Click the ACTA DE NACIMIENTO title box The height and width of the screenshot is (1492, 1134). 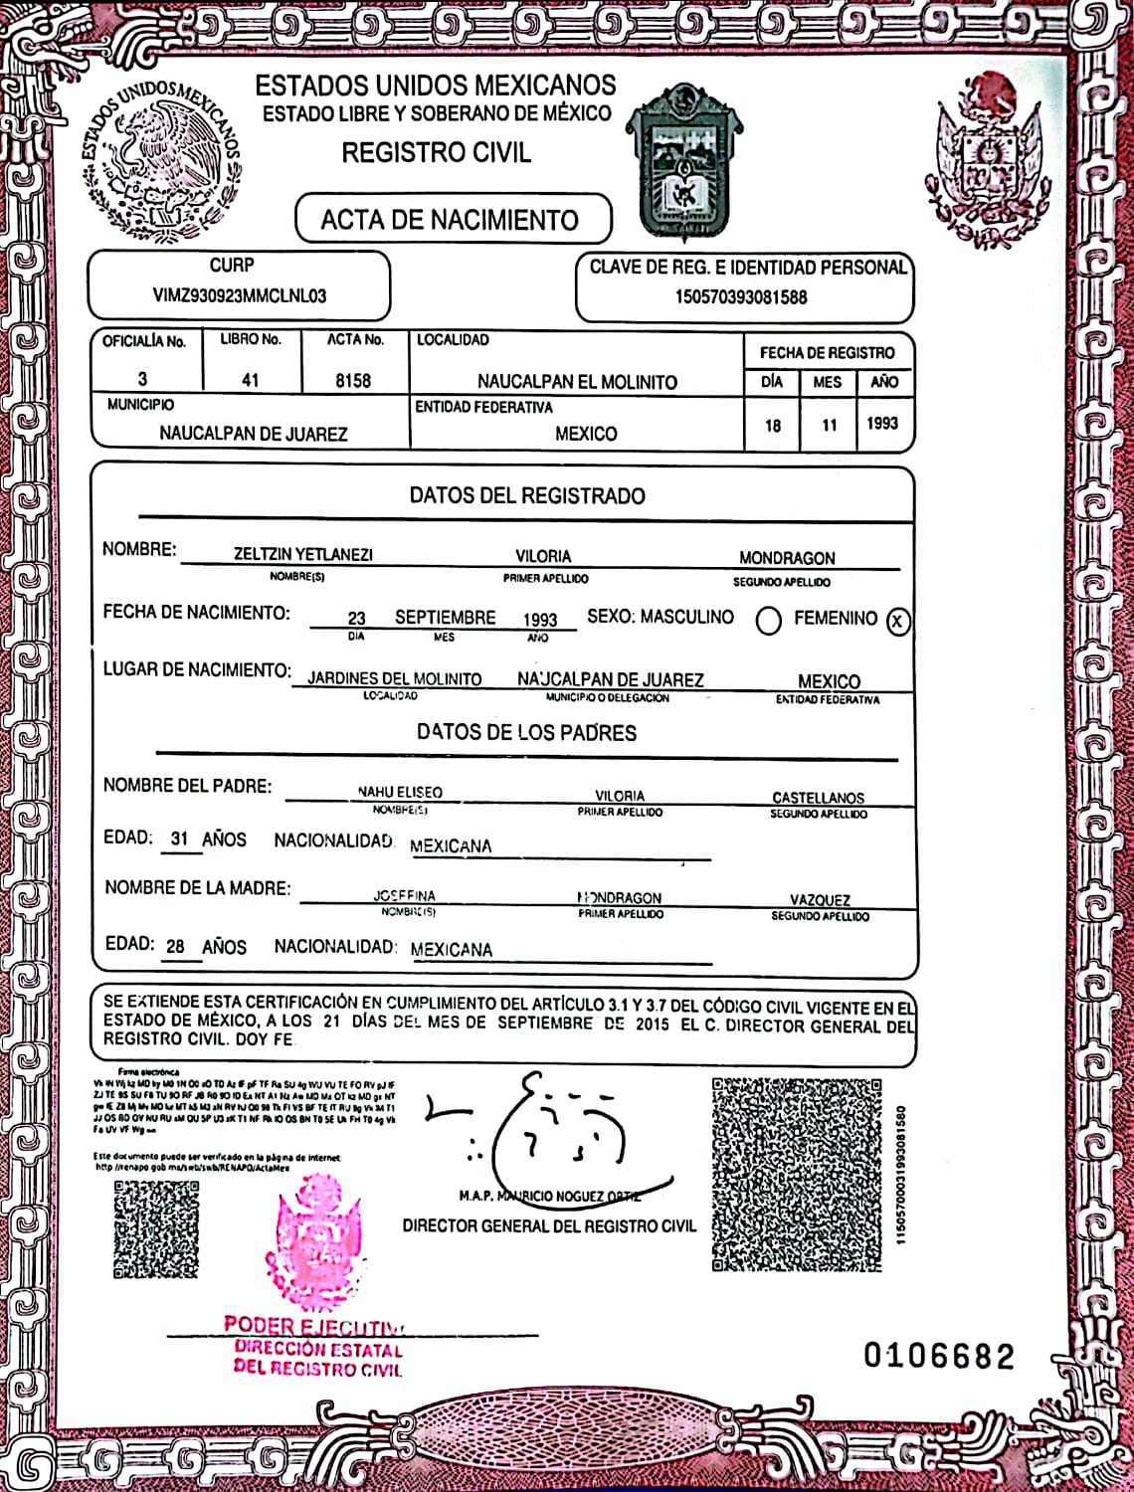tap(453, 220)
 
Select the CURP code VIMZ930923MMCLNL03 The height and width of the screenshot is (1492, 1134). tap(239, 295)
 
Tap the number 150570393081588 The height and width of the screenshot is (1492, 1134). tap(741, 296)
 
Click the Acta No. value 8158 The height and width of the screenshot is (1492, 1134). tap(353, 381)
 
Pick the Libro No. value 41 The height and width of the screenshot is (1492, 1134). tap(250, 380)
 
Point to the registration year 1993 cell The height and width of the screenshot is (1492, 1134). tap(882, 424)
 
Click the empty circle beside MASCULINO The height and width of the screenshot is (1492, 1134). tap(768, 622)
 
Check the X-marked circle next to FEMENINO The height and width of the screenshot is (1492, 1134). tap(897, 622)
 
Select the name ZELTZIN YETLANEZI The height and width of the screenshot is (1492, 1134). tap(302, 555)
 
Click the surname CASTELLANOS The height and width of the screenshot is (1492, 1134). tap(818, 798)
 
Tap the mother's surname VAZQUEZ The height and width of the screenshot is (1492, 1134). tap(820, 900)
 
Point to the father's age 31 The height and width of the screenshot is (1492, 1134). tap(179, 839)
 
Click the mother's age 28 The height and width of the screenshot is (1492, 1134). tap(175, 946)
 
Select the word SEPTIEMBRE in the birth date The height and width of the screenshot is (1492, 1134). tap(445, 618)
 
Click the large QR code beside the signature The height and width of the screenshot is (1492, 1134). tap(797, 1175)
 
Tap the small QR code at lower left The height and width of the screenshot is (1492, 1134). tap(155, 1228)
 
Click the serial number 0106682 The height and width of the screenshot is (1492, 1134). tap(938, 1356)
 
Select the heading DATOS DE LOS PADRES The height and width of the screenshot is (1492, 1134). tap(526, 733)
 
